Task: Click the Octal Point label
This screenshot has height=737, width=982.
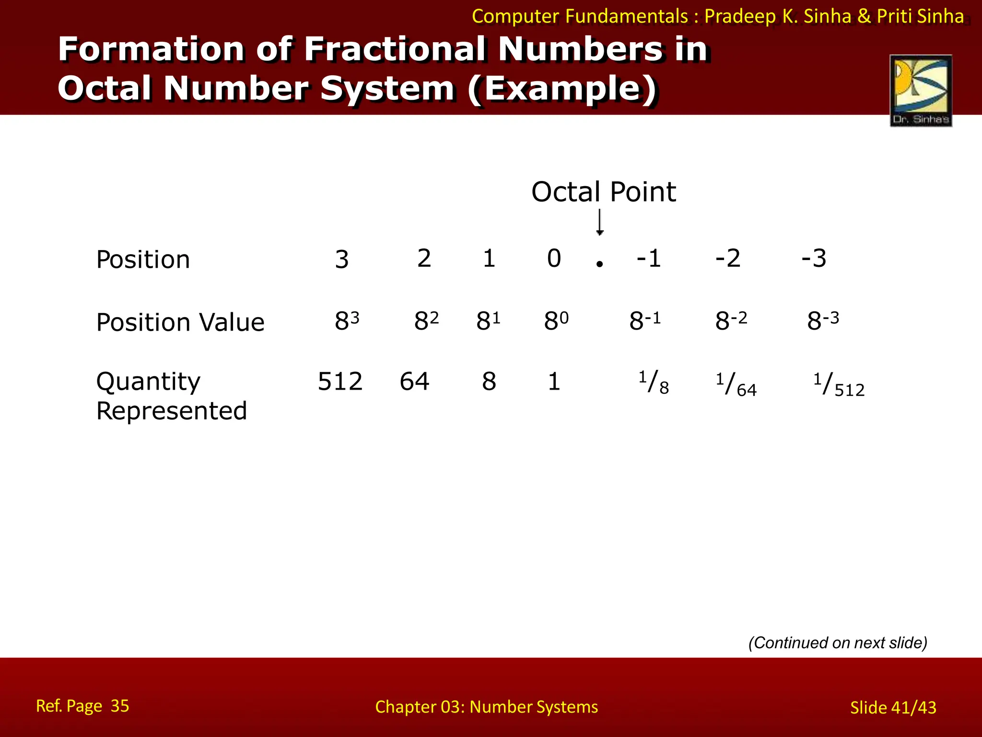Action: click(603, 192)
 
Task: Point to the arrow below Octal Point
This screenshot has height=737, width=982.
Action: click(599, 223)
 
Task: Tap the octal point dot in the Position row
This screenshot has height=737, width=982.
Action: click(599, 263)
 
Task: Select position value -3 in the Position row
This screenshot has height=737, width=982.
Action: click(814, 259)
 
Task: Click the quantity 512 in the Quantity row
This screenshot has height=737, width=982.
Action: click(340, 381)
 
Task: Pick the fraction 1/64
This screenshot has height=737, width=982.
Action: click(736, 385)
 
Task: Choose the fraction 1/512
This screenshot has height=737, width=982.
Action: click(839, 385)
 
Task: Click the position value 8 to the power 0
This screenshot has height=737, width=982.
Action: click(556, 321)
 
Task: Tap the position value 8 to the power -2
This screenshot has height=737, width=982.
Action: click(731, 321)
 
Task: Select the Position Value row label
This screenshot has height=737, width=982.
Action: click(180, 322)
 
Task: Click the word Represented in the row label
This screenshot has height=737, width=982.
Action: click(172, 411)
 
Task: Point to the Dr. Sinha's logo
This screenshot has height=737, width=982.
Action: click(921, 90)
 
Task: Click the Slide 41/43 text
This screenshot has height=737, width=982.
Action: click(893, 708)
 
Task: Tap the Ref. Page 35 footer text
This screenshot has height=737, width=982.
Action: click(82, 706)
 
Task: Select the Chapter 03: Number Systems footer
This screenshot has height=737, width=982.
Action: click(486, 707)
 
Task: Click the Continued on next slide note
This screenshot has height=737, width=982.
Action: click(838, 642)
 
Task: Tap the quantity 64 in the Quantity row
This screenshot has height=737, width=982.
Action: click(414, 381)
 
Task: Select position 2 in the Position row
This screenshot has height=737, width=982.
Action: click(424, 259)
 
